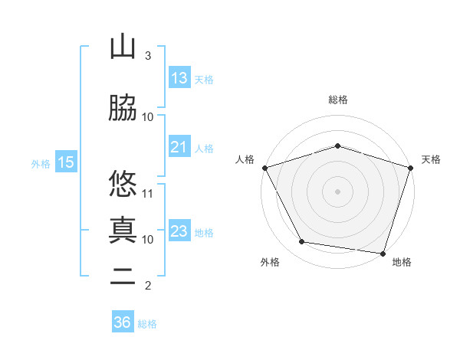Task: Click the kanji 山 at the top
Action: [x=123, y=47]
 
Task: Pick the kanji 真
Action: [x=123, y=229]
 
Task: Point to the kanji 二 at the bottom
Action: [x=123, y=277]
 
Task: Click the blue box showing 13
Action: [x=179, y=78]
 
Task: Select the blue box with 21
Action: [x=179, y=147]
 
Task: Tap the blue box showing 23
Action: [x=179, y=231]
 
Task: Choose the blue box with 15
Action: [x=66, y=162]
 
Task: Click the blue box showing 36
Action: [x=123, y=322]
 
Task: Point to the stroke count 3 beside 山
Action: [x=148, y=56]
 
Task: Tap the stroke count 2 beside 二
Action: [x=148, y=286]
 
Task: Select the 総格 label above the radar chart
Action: [x=338, y=100]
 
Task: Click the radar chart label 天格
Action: [x=431, y=159]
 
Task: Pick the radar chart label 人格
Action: [x=245, y=159]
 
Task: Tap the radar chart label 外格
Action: [x=270, y=263]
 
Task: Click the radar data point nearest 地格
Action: [x=383, y=253]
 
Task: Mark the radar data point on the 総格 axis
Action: [x=338, y=146]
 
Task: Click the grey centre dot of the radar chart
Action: [x=338, y=191]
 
